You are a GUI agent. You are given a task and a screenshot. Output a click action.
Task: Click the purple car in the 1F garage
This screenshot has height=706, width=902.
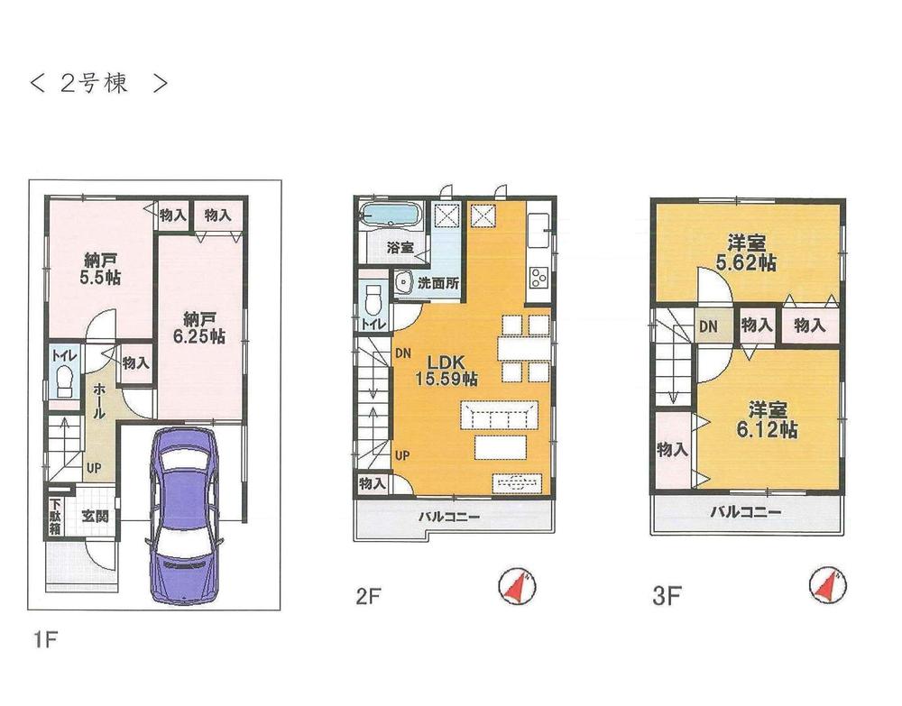(x=183, y=515)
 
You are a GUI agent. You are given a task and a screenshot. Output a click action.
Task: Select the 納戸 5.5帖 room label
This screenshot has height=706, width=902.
(x=101, y=268)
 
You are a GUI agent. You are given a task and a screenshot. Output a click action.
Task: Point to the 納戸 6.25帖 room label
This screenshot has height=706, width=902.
(x=199, y=327)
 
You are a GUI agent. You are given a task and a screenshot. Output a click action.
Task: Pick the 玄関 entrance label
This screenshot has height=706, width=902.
(x=95, y=516)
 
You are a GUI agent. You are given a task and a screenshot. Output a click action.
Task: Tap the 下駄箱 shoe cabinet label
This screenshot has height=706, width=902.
(x=55, y=517)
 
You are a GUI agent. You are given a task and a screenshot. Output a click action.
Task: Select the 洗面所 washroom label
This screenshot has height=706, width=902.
(x=438, y=283)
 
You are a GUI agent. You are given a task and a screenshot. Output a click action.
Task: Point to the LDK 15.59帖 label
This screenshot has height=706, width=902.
(x=446, y=370)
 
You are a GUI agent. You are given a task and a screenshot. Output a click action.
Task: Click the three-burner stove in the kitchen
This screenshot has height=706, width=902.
(x=538, y=277)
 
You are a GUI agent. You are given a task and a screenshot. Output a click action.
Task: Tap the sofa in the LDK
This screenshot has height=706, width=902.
(x=499, y=415)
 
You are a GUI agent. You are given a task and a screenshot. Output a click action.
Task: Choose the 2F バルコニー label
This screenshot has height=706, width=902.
(x=448, y=517)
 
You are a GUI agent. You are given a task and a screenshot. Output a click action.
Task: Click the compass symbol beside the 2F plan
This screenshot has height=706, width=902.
(x=517, y=586)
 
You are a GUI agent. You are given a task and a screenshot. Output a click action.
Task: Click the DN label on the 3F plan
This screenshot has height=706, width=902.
(x=709, y=326)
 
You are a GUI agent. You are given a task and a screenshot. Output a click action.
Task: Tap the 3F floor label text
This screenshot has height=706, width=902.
(x=667, y=596)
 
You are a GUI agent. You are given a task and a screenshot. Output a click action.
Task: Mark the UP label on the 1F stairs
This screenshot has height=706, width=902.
(x=94, y=468)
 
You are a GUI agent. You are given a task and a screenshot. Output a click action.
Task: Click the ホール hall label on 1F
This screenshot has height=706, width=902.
(x=99, y=400)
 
